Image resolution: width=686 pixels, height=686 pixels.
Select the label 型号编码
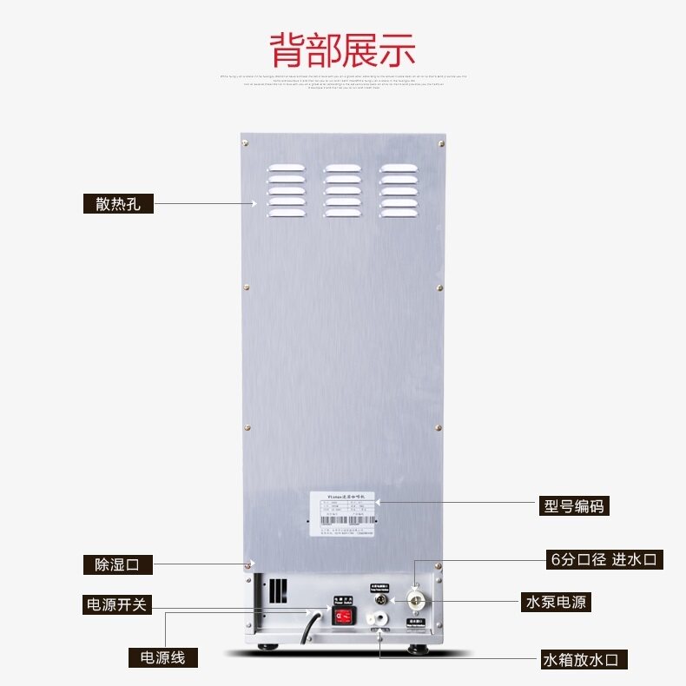572,505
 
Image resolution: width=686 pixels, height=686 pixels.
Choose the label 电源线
157,657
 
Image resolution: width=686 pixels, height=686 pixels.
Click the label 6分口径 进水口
605,559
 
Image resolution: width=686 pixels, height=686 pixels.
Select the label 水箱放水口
584,658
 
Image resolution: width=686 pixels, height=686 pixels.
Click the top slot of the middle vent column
342,168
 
